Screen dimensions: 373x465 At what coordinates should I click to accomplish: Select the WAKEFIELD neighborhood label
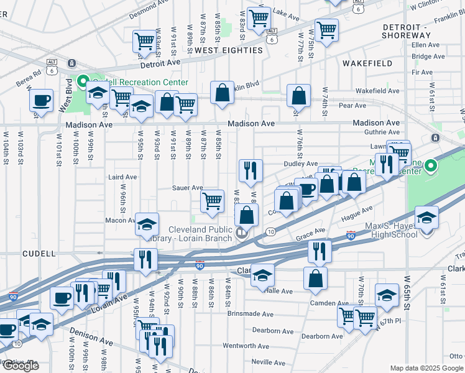point(367,63)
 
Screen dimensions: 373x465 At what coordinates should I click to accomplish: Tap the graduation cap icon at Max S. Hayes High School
point(426,218)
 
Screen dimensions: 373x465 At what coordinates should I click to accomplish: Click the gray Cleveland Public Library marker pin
point(242,234)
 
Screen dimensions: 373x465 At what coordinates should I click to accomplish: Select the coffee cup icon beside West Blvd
point(42,100)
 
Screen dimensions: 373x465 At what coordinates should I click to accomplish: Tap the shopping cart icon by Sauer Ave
point(213,201)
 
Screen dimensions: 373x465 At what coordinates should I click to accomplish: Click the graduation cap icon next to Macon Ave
point(146,224)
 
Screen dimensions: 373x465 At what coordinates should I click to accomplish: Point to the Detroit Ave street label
point(159,63)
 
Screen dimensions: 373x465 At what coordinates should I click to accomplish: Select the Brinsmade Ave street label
point(250,315)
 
